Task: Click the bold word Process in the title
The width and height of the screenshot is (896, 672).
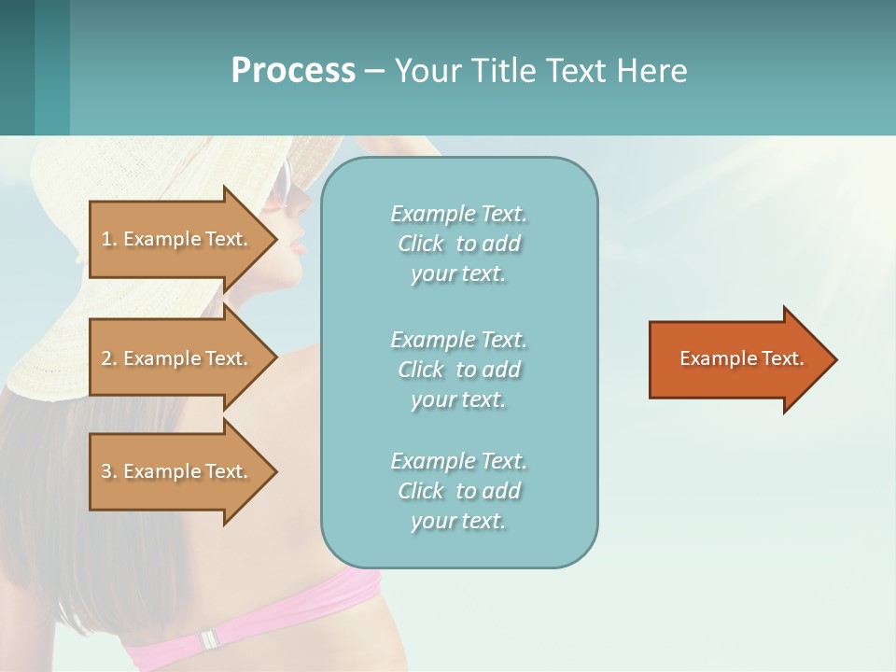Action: point(293,71)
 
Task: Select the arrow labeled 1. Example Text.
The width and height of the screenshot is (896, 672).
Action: point(177,239)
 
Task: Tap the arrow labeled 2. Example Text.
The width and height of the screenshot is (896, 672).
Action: point(177,358)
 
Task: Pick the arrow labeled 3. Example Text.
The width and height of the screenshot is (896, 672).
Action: point(177,471)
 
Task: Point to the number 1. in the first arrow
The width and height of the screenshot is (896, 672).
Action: point(109,239)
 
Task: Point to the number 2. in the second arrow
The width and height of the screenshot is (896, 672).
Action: point(109,358)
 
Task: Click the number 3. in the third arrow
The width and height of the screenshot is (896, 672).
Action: point(109,471)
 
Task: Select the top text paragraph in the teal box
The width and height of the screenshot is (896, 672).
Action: point(458,244)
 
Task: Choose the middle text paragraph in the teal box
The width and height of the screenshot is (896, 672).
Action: point(458,370)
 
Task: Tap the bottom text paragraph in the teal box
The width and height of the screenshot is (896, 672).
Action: point(458,491)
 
